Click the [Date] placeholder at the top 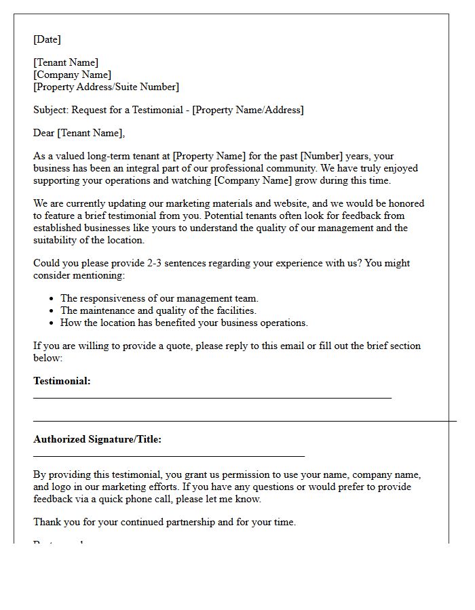[x=47, y=39]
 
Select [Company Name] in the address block [x=73, y=75]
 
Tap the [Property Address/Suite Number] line [x=106, y=87]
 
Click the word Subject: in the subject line [x=51, y=110]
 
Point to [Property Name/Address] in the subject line [x=248, y=110]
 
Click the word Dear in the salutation [x=44, y=133]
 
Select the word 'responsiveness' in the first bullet [x=115, y=298]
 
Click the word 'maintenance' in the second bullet [x=109, y=310]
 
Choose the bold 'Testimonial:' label [x=62, y=381]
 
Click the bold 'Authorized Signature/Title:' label [x=97, y=439]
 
